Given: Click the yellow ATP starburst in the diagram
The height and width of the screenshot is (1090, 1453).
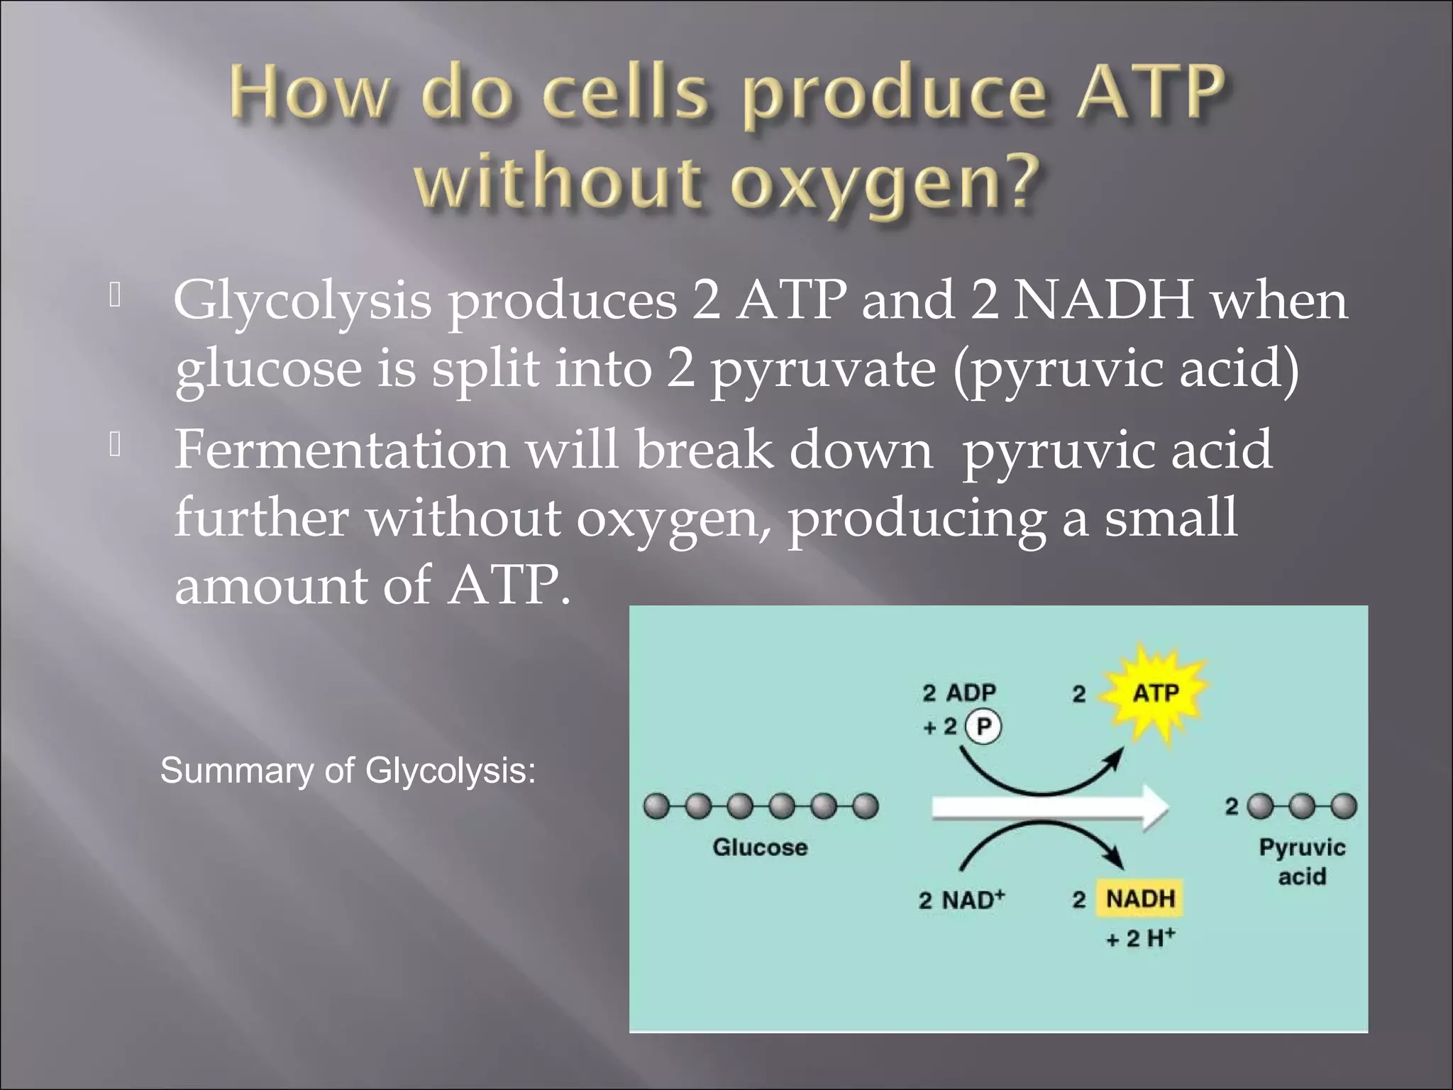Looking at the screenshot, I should click(1155, 693).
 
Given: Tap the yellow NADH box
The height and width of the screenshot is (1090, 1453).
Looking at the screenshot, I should click(1140, 898).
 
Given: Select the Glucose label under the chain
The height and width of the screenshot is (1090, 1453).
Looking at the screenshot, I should click(760, 847).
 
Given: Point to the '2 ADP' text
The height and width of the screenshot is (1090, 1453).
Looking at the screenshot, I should click(959, 692).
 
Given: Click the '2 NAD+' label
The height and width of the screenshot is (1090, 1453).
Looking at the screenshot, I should click(961, 900).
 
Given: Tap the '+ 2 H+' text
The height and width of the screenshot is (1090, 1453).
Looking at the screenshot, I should click(1140, 938).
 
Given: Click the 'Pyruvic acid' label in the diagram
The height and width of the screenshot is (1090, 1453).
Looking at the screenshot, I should click(1302, 861).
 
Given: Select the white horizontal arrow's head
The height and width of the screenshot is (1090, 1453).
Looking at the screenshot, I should click(1153, 808).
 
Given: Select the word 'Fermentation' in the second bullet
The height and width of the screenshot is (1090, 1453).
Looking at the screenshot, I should click(341, 450).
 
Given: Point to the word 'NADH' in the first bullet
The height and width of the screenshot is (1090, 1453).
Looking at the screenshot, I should click(1103, 300).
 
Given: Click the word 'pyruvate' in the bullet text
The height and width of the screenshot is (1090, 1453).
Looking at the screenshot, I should click(823, 370).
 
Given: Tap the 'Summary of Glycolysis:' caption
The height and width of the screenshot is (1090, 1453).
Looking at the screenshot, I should click(348, 771).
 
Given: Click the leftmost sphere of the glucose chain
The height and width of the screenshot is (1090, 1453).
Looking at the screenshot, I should click(656, 807).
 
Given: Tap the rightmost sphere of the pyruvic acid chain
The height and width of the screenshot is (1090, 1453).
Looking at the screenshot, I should click(1344, 807).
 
